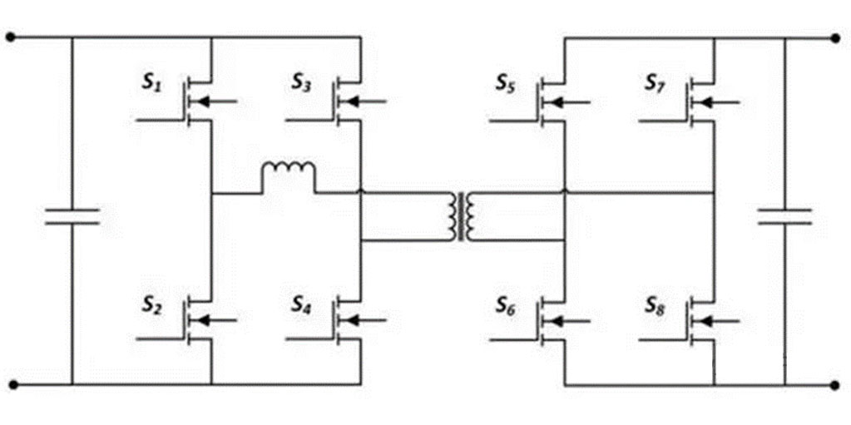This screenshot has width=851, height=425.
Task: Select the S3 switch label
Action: coord(302,85)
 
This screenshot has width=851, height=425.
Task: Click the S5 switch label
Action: coord(506,83)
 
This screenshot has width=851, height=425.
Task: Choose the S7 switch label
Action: coord(656,83)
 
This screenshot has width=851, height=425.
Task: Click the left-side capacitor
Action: coord(72,216)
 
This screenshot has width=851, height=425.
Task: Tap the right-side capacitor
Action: coord(784,216)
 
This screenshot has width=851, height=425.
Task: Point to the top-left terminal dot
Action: coord(10,37)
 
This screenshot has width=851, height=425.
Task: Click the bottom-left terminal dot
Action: coord(13,385)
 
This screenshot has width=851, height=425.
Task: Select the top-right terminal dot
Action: coord(836,37)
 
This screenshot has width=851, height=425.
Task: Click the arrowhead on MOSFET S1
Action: coord(202,101)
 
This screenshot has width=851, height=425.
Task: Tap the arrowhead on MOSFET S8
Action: coord(705,321)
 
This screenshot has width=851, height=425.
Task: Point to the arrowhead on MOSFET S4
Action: coord(352,321)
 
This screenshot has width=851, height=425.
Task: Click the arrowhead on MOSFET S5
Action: coord(555,101)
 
